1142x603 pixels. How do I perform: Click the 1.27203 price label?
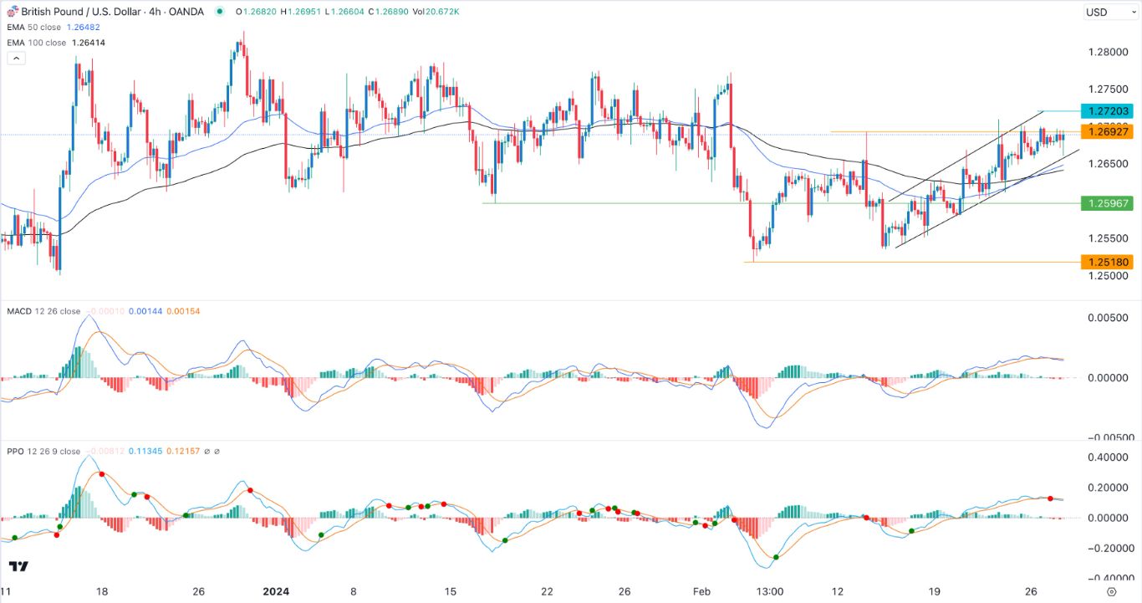point(1108,111)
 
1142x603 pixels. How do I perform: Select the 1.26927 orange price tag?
point(1108,132)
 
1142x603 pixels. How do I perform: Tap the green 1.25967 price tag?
point(1108,203)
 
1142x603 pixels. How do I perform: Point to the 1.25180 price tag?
point(1108,262)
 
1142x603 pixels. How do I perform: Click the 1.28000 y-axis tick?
point(1107,52)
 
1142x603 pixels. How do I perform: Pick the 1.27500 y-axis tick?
point(1107,89)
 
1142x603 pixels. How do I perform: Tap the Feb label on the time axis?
point(701,590)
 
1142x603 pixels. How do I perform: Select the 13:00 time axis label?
point(769,590)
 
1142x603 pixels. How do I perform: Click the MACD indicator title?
point(18,311)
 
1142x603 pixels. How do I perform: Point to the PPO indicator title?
point(16,452)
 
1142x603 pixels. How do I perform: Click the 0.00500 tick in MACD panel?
point(1107,319)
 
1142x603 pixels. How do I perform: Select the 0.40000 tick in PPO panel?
point(1107,458)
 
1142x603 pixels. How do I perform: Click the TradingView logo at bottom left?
point(18,566)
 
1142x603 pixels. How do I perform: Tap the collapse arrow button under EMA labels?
point(16,59)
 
